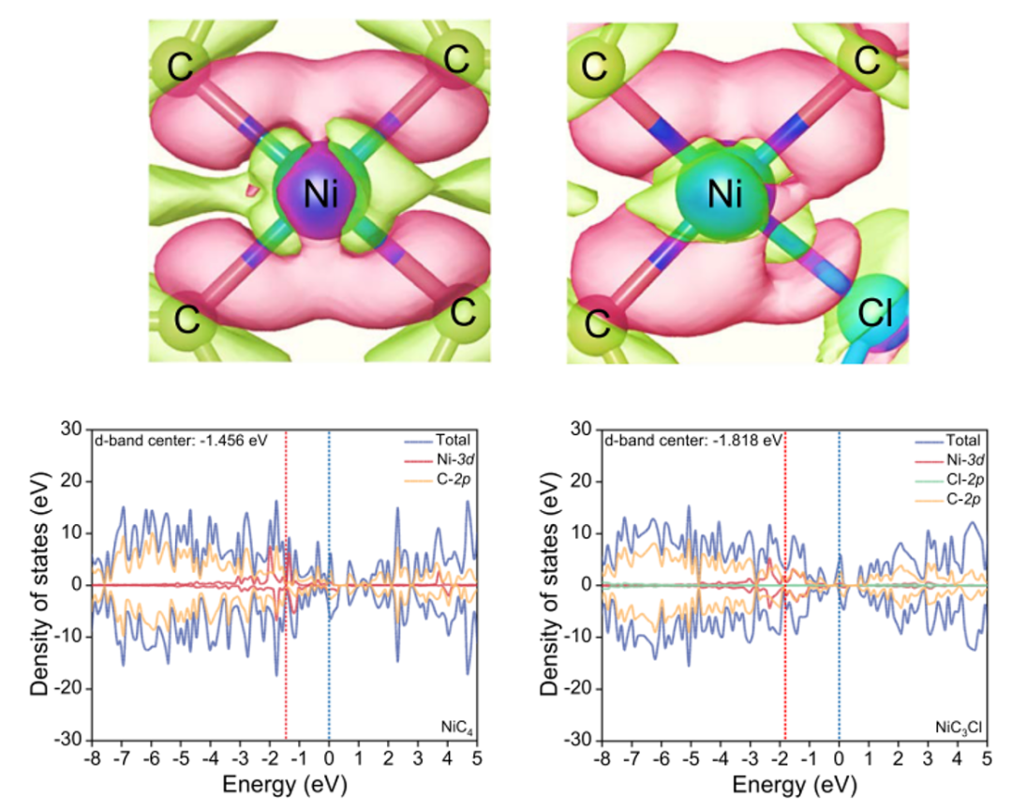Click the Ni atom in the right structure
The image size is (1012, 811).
point(724,196)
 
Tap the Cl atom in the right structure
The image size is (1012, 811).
point(877,315)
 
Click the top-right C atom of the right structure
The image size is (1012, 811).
point(866,62)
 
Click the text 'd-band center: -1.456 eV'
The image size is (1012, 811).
point(181,440)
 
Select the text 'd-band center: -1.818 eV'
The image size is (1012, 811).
point(693,440)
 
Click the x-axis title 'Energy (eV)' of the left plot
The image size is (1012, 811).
point(283,786)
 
